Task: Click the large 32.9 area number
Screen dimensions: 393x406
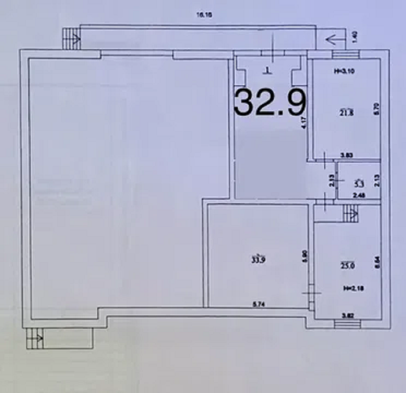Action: click(269, 102)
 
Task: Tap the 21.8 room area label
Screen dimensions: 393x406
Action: click(347, 114)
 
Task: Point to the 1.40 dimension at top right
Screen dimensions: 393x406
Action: click(355, 37)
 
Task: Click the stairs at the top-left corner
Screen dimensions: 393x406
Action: click(71, 39)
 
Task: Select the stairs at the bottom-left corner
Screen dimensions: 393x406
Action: click(35, 338)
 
